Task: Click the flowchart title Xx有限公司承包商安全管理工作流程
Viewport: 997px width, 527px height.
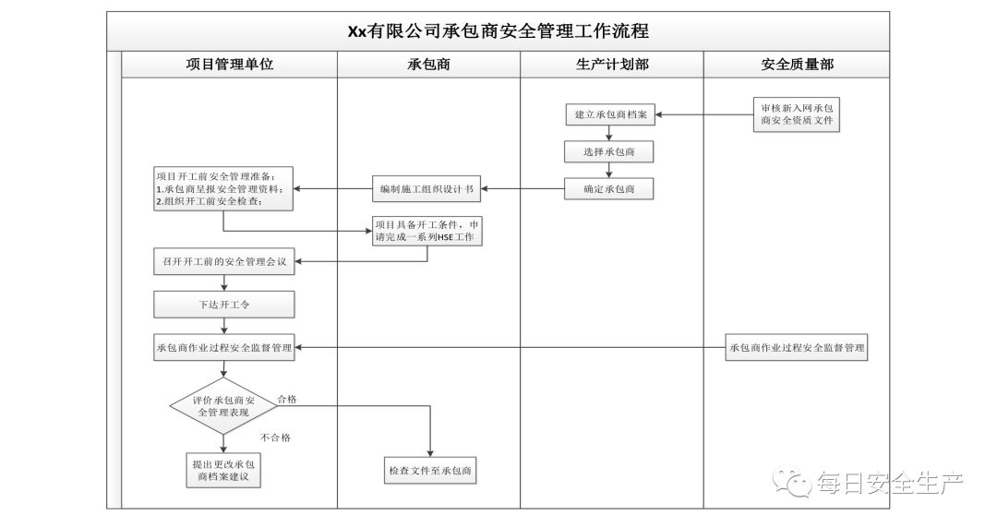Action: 498,30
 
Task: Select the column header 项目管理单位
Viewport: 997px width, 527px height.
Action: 230,65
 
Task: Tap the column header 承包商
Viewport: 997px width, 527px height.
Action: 428,65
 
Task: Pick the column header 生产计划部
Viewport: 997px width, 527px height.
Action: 611,65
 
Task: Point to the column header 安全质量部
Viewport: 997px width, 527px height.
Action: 798,65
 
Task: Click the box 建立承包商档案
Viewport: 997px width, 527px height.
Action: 609,115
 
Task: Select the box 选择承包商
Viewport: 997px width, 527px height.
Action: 609,151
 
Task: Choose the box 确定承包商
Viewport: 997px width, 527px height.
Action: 609,189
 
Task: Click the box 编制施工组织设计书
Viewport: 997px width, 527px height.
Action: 426,189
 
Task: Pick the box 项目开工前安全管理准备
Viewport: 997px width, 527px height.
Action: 222,188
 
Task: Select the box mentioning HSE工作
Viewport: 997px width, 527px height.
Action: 427,231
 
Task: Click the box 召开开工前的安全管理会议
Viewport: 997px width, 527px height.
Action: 222,262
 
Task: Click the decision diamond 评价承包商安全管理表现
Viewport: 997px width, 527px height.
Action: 222,406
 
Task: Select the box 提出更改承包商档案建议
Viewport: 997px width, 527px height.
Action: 222,470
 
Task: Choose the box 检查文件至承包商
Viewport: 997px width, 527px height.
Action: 430,470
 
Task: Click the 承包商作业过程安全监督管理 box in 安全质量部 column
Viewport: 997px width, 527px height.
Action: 797,348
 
